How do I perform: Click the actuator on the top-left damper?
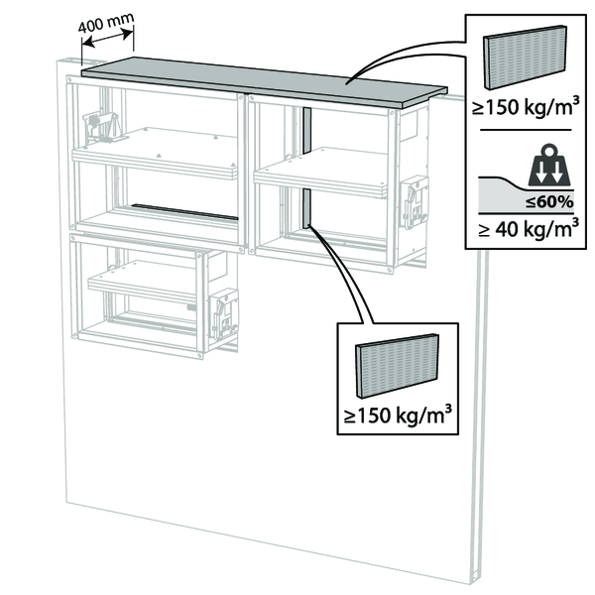tap(102, 127)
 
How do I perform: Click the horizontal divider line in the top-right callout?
tap(523, 130)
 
